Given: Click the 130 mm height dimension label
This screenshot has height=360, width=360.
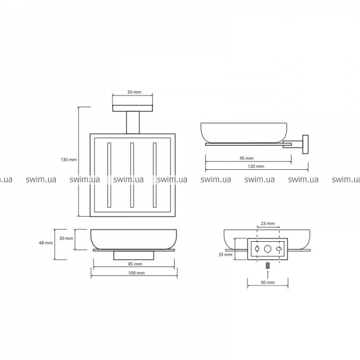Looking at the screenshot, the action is point(68,160).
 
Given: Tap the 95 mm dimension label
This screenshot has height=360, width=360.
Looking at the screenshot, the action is point(247,158).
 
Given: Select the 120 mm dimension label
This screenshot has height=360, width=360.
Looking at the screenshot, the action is point(256,166).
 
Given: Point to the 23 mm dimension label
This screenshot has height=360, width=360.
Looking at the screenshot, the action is point(268,223).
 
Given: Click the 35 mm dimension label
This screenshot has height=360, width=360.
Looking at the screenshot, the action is point(225,254).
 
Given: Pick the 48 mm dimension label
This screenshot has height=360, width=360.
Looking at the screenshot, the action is point(46,242).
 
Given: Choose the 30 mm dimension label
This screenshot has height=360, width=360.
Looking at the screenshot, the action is point(66,238).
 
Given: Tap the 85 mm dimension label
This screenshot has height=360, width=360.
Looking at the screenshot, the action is point(135,264).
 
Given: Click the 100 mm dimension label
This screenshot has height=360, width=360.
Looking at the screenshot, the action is point(136,273).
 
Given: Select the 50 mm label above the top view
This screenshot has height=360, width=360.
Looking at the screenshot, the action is point(134,92).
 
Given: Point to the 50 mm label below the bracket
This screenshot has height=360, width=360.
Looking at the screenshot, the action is point(268,282).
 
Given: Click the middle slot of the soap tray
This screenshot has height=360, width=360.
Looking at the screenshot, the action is point(132,175).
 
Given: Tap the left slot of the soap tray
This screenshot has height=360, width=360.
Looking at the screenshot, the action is point(109,175).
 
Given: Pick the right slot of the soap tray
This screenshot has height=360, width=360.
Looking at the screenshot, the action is point(155,175).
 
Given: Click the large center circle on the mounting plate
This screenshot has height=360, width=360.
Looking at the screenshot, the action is point(268,249).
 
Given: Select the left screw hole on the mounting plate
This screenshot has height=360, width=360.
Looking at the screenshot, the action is point(257,249).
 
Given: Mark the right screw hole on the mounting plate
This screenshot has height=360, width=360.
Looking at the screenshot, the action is point(279,249).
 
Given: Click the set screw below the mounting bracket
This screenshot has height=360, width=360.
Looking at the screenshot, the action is point(268,266).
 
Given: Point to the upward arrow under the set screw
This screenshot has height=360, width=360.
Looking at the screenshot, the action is point(268,274).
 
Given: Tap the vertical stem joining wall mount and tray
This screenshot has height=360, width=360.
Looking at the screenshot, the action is point(133,122).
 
